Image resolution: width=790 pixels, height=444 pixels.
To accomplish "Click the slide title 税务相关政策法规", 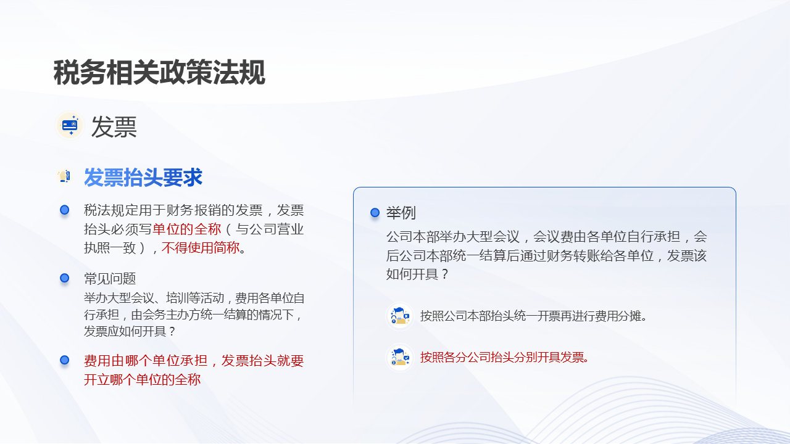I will [x=159, y=73].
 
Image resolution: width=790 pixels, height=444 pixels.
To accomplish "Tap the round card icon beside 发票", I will [x=70, y=126].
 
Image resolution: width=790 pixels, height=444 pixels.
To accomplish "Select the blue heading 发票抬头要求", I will [x=143, y=178].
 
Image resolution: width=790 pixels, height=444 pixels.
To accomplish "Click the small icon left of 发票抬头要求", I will [x=64, y=177].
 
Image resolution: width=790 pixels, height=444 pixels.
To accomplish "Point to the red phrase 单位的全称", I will [x=186, y=229].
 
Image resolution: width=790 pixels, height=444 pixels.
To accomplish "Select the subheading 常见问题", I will [x=110, y=279].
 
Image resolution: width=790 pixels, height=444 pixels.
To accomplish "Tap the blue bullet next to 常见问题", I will [x=64, y=278].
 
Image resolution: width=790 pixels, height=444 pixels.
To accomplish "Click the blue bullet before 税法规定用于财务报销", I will [x=64, y=210].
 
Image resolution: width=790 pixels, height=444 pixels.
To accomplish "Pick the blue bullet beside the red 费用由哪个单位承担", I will [x=64, y=360].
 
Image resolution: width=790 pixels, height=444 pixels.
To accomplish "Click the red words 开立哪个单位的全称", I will [x=142, y=379].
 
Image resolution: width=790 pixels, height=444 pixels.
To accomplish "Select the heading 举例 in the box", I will [x=401, y=213].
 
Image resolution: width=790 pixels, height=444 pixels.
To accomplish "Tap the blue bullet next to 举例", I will [x=375, y=213].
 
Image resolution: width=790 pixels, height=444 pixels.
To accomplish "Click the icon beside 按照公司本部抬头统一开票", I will [x=400, y=316].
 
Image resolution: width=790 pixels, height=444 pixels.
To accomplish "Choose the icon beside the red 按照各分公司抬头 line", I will [x=400, y=357].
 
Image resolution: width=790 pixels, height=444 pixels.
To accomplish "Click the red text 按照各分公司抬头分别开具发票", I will [x=504, y=357].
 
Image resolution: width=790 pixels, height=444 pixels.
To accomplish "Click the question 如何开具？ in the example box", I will [x=417, y=274].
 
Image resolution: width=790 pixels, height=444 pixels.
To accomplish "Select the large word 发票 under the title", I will [x=114, y=127].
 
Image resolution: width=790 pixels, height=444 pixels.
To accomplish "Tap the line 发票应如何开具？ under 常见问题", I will [x=130, y=331].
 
